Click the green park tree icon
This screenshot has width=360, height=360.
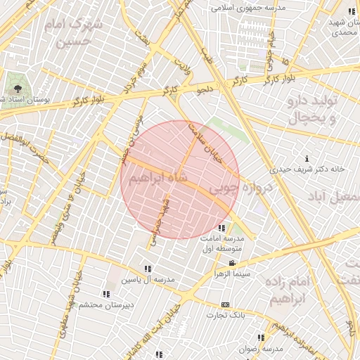pyautogui.click(x=15, y=89)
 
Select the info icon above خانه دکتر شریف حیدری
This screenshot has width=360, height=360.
pyautogui.click(x=307, y=157)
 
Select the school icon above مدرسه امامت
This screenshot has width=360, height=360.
pyautogui.click(x=222, y=228)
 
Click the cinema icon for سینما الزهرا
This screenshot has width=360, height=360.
pyautogui.click(x=232, y=263)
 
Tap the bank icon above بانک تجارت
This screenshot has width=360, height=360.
pyautogui.click(x=225, y=304)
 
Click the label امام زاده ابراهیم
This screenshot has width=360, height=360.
pyautogui.click(x=289, y=288)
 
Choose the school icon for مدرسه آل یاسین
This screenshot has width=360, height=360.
pyautogui.click(x=148, y=269)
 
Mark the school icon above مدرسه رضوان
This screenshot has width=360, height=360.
pyautogui.click(x=261, y=338)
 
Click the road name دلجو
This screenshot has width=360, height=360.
pyautogui.click(x=205, y=89)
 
